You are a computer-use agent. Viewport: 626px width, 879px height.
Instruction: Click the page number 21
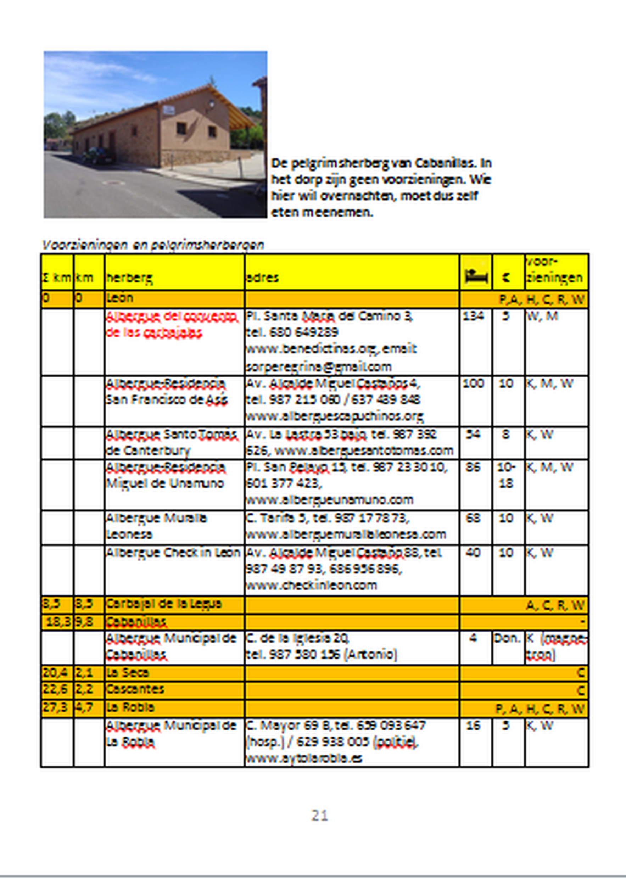click(x=319, y=816)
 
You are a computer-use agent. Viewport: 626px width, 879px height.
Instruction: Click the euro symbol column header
click(x=508, y=277)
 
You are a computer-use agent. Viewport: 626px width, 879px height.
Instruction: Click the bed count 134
click(x=473, y=316)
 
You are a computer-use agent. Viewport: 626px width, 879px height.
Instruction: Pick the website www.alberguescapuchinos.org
click(x=335, y=416)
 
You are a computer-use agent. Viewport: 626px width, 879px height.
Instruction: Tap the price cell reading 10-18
click(x=507, y=475)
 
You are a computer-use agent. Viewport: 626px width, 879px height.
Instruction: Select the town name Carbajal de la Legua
click(x=164, y=604)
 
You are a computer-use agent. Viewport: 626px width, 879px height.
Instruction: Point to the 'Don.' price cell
click(x=507, y=638)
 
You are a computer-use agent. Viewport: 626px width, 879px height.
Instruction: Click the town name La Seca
click(x=128, y=672)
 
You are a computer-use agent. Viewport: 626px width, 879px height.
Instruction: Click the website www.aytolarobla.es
click(x=304, y=758)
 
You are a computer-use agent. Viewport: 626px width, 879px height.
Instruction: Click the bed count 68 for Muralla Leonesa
click(x=473, y=517)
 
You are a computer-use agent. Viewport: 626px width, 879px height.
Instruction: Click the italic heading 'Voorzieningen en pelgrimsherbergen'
click(x=153, y=245)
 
